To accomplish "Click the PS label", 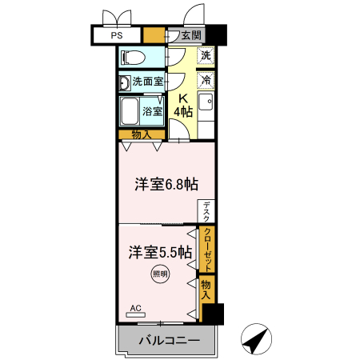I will point(117,35).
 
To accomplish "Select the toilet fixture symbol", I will point(134,58).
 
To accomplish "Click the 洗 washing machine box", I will point(206,57).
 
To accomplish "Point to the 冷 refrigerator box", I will point(206,80).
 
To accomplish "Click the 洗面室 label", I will point(148,82).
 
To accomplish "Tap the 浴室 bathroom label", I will point(154,111).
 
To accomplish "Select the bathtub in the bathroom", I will point(130,111).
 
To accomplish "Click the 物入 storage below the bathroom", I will point(142,134).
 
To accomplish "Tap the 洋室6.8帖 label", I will point(166,184).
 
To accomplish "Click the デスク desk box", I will point(206,211).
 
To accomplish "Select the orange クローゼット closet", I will point(207,249).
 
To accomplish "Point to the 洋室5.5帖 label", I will point(159,252).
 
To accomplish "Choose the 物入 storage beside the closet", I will point(206,289).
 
